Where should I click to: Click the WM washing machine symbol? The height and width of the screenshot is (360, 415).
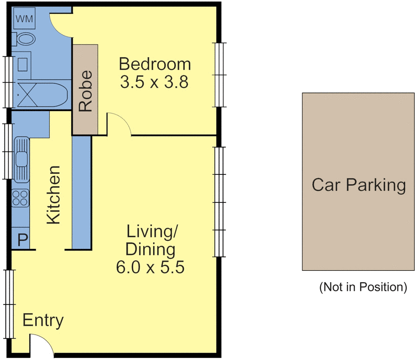pyautogui.click(x=24, y=19)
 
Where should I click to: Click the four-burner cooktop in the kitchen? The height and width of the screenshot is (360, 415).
pyautogui.click(x=21, y=198)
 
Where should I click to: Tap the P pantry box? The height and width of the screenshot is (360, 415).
pyautogui.click(x=22, y=240)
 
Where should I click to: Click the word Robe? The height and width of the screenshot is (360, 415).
pyautogui.click(x=85, y=91)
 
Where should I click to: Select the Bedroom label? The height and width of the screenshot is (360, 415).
pyautogui.click(x=155, y=65)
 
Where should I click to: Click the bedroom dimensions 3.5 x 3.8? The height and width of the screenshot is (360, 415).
pyautogui.click(x=154, y=82)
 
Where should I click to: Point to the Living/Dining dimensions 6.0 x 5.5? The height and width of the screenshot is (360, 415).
pyautogui.click(x=151, y=268)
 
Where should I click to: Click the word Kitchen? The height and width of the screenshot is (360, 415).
pyautogui.click(x=53, y=195)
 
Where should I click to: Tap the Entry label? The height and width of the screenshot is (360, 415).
pyautogui.click(x=43, y=321)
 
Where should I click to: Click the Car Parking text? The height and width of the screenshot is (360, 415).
pyautogui.click(x=358, y=185)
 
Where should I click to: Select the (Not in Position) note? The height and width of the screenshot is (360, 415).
pyautogui.click(x=363, y=286)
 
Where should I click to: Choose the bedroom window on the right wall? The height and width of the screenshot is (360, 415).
pyautogui.click(x=220, y=74)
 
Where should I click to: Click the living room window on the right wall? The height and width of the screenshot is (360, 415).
pyautogui.click(x=220, y=202)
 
